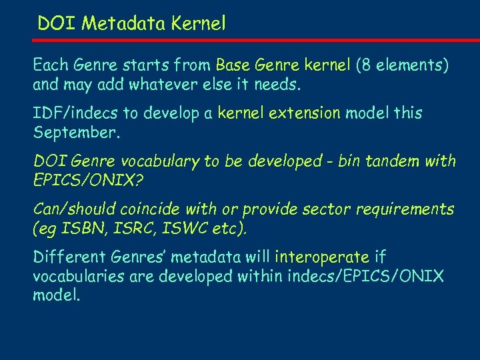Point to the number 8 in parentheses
pos(365,65)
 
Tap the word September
pos(75,133)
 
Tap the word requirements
pos(405,209)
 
